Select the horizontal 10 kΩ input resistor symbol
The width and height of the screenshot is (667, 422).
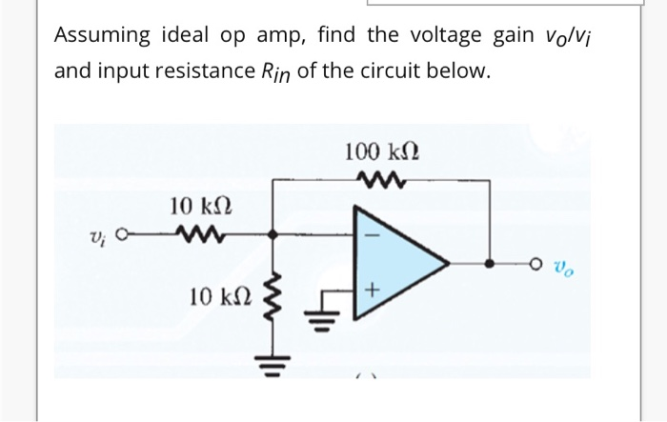tap(199, 232)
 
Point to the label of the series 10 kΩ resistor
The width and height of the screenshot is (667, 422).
tap(200, 205)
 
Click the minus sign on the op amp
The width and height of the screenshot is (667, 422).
tap(374, 232)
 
